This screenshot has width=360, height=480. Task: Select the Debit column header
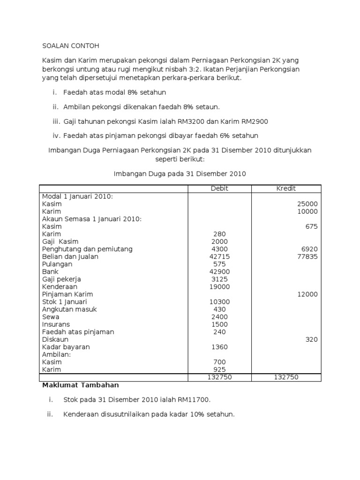(219, 188)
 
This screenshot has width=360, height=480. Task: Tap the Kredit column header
(286, 188)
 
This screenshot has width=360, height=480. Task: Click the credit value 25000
(307, 204)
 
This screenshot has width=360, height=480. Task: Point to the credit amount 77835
(307, 256)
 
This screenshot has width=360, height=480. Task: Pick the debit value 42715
(219, 256)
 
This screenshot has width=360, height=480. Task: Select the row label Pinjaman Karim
(67, 294)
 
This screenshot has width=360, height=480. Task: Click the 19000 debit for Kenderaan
(219, 286)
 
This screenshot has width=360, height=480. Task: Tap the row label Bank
(50, 271)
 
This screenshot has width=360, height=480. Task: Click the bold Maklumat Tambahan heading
(81, 385)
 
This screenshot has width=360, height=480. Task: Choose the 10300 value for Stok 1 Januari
(219, 302)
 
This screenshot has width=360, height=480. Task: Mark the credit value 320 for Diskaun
(311, 339)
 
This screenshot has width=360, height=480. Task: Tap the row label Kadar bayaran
(66, 347)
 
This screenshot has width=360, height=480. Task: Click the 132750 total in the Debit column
(219, 377)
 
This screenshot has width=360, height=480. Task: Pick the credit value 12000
(307, 294)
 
